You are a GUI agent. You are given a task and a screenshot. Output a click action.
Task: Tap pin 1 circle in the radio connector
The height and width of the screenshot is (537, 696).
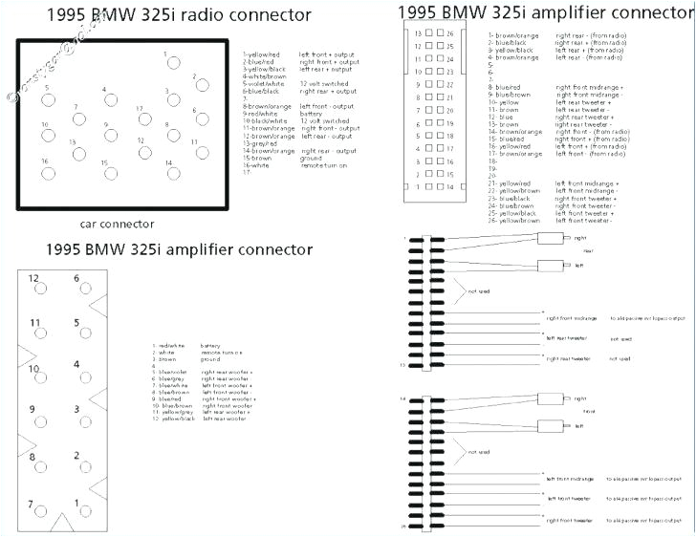coord(172,65)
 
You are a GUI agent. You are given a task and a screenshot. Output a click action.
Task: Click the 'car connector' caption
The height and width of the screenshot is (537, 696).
coord(116,225)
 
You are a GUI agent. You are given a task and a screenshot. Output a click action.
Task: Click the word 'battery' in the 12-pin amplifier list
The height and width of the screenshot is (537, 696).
coord(211,346)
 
